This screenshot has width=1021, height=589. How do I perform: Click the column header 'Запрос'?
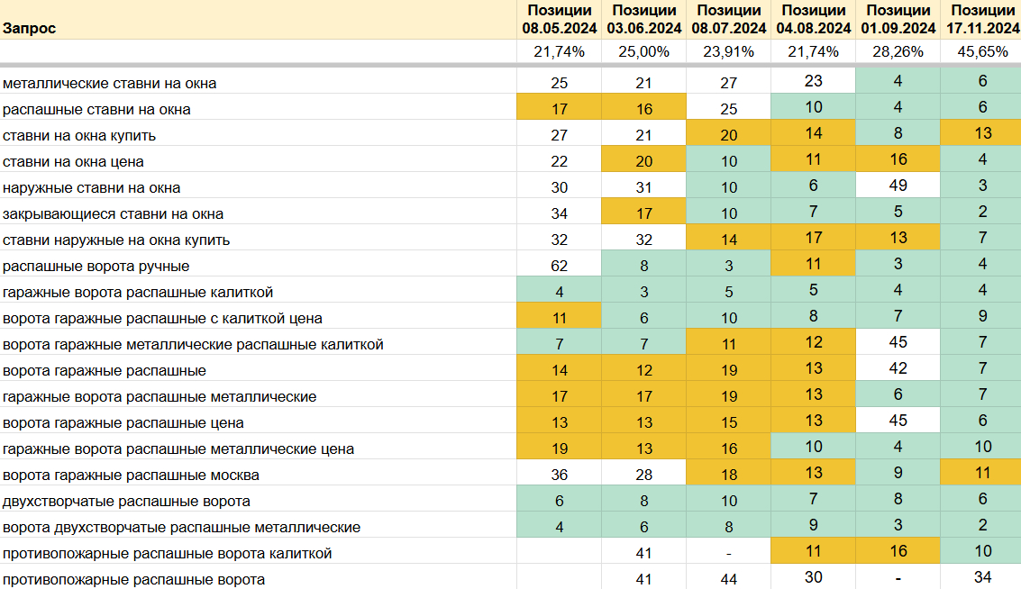[29, 28]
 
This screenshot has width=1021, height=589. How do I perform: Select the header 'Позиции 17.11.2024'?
[982, 19]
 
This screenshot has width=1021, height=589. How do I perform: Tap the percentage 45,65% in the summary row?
[982, 51]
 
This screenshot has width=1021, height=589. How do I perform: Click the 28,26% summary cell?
[898, 51]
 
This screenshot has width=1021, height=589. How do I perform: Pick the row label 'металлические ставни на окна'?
[109, 83]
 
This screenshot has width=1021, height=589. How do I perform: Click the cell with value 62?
[559, 266]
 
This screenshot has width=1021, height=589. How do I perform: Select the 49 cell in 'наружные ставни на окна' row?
[898, 187]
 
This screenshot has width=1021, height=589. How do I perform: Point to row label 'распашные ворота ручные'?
[96, 266]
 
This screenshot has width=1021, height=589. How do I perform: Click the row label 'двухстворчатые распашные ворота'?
[127, 501]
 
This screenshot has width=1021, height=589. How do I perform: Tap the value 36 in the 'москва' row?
[559, 475]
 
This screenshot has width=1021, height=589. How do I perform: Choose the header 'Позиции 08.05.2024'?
[559, 19]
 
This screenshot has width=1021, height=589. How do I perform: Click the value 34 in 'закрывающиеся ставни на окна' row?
[559, 213]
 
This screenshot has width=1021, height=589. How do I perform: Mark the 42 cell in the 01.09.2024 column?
[898, 370]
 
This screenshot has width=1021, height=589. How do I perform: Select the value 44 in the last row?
[728, 579]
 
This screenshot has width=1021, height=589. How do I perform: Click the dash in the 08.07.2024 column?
[728, 553]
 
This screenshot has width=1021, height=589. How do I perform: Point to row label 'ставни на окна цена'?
[73, 161]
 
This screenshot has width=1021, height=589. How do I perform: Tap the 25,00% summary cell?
[643, 51]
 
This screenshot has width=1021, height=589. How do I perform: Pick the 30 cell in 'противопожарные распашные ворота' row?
[813, 578]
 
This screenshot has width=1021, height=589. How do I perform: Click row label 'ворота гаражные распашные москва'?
[132, 475]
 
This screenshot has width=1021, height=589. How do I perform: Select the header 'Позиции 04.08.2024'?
[813, 19]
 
